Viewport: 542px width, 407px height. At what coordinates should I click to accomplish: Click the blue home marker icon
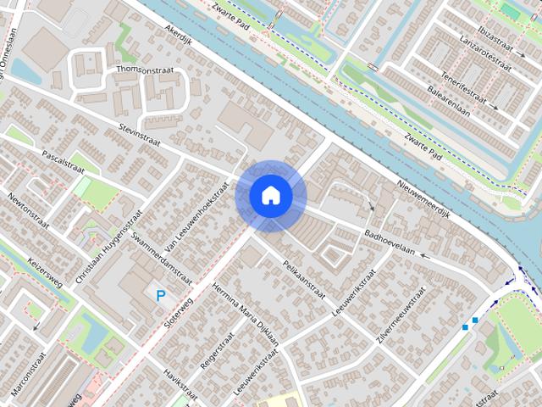(271, 196)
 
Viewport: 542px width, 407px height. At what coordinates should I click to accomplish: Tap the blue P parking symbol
(161, 295)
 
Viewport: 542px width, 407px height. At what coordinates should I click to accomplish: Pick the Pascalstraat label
(70, 159)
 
